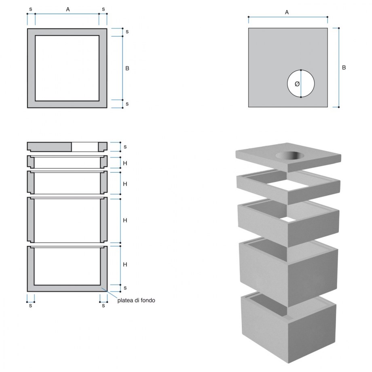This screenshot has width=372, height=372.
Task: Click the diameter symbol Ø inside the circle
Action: click(x=297, y=84)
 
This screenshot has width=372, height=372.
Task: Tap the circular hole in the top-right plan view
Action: click(x=306, y=79)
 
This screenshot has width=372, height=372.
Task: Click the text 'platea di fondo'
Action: click(x=136, y=300)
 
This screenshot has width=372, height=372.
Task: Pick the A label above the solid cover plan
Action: click(x=287, y=12)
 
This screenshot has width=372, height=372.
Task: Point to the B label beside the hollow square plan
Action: click(x=127, y=68)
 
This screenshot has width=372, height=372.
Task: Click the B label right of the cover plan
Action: click(x=344, y=68)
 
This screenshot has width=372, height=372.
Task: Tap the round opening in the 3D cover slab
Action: click(x=288, y=156)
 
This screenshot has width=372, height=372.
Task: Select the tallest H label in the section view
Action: click(x=125, y=220)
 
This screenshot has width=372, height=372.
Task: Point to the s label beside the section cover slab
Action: click(x=125, y=146)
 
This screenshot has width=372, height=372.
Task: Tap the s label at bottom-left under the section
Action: click(x=31, y=305)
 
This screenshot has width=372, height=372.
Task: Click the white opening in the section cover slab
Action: click(x=85, y=147)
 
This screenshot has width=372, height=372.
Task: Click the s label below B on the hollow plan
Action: click(x=127, y=104)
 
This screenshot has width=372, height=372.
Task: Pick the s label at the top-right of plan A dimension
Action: click(x=103, y=8)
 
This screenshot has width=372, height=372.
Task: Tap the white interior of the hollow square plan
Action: click(x=67, y=68)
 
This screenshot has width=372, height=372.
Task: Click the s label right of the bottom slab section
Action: click(x=125, y=288)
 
